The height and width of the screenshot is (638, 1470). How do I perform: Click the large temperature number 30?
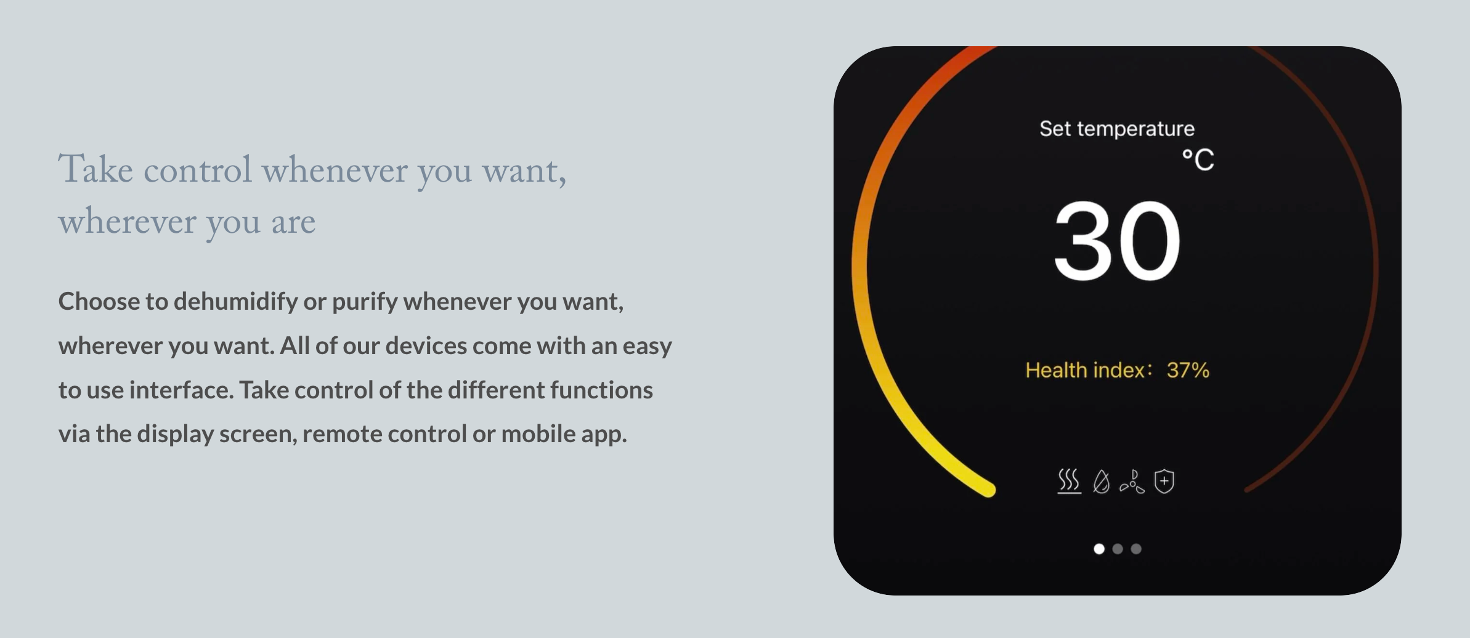[1117, 241]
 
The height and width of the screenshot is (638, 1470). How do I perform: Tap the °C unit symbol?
[1198, 160]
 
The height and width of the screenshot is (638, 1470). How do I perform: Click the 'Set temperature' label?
[1117, 129]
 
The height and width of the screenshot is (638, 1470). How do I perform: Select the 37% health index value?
[1188, 370]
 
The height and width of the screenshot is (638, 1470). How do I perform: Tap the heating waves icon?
[1070, 481]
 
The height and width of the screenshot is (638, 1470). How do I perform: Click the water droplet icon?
[1102, 482]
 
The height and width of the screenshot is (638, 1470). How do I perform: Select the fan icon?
[1132, 482]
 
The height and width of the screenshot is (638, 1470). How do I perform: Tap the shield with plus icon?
[1164, 481]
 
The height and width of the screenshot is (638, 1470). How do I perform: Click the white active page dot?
[1099, 549]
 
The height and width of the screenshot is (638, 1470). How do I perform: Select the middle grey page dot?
[1118, 549]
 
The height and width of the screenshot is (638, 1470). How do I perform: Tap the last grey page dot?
[1136, 549]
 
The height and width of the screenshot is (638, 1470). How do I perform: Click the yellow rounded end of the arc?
[988, 490]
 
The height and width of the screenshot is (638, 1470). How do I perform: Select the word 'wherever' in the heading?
[127, 221]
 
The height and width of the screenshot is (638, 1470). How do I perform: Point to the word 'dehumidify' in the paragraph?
[236, 301]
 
